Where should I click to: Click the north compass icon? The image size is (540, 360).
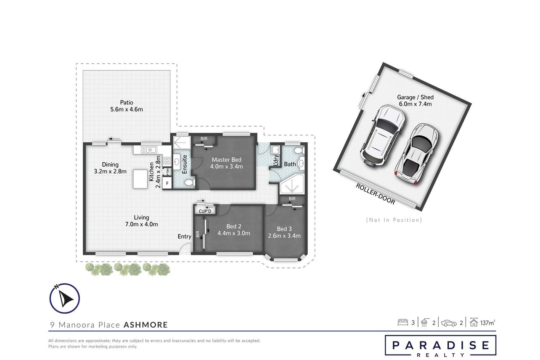tap(65, 299)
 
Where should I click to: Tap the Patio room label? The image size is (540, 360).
tap(127, 103)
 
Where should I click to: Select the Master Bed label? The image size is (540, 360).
tap(226, 160)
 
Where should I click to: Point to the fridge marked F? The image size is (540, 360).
tap(167, 183)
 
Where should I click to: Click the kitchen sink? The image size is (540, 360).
tap(149, 150)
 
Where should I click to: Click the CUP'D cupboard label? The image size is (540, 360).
tap(205, 211)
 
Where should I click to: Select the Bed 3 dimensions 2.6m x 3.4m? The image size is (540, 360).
tap(284, 236)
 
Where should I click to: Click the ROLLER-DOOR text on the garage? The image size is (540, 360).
tap(375, 194)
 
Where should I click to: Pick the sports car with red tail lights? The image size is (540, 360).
tap(417, 154)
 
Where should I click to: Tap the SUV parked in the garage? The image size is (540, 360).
tap(383, 135)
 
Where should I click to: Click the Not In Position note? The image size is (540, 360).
tap(394, 220)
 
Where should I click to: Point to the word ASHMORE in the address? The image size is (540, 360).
tap(146, 325)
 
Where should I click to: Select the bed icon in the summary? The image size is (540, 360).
tap(402, 323)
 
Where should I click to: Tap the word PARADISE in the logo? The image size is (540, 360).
tap(440, 345)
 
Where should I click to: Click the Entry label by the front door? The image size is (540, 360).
tap(185, 236)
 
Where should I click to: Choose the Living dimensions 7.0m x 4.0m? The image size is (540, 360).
tap(141, 224)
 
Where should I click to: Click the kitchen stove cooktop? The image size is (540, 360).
tap(167, 160)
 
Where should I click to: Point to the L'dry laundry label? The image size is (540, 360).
tap(276, 160)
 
